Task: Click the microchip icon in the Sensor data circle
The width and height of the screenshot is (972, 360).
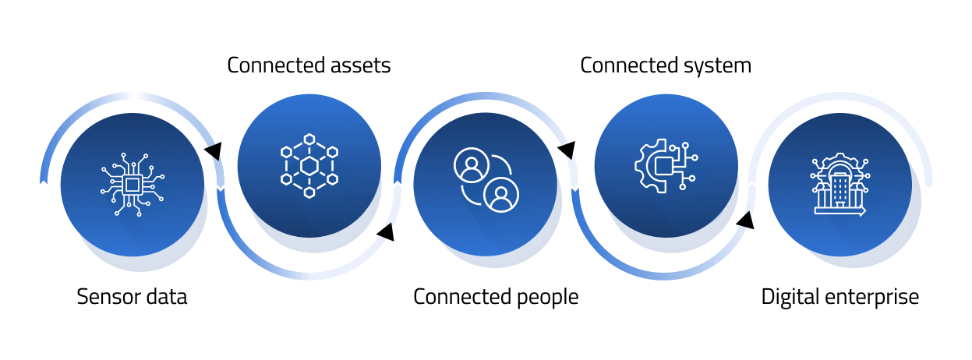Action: point(133,185)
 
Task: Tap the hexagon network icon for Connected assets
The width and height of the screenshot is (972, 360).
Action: point(309,165)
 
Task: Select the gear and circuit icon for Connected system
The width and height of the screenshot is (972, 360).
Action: point(665,165)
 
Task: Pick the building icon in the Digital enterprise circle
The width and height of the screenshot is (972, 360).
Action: point(839,185)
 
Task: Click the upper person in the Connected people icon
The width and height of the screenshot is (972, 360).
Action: point(470,166)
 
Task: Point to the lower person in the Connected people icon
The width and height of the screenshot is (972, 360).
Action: point(501,195)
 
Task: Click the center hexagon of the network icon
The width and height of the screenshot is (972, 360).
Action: point(309,165)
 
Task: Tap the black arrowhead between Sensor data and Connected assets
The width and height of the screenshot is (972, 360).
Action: point(212,150)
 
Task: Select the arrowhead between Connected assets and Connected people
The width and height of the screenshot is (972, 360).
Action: point(385,231)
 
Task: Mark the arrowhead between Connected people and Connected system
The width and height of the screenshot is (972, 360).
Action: point(567,149)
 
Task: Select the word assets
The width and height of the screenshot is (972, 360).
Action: point(359,65)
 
